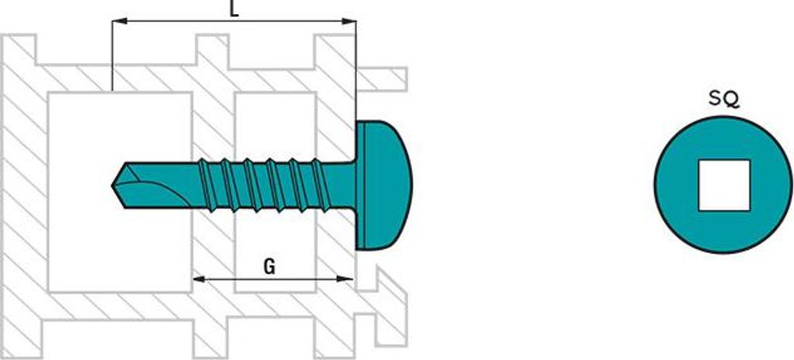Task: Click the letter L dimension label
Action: click(234, 9)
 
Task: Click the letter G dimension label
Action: click(269, 267)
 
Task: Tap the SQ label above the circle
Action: click(723, 100)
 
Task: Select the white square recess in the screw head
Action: click(723, 185)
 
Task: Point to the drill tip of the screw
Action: click(113, 185)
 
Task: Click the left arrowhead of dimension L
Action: click(119, 21)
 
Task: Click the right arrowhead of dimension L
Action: click(349, 21)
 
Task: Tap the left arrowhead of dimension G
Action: click(200, 279)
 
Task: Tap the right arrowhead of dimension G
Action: click(345, 279)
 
